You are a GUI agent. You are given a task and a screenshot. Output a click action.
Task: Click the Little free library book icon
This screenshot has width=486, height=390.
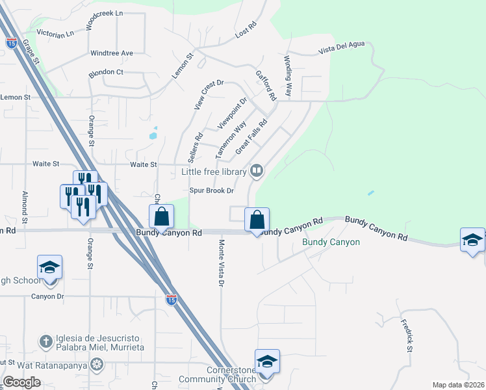[257, 171]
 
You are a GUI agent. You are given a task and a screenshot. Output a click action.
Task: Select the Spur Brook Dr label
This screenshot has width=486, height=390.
[211, 191]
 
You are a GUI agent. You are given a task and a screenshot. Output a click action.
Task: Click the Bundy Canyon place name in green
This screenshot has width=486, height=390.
[331, 242]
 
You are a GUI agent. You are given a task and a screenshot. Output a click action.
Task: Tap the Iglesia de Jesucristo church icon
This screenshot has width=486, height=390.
[46, 341]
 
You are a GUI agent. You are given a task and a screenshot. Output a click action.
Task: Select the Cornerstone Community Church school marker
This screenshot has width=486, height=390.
[266, 361]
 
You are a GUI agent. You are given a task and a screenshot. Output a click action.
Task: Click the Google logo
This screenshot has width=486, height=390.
[21, 382]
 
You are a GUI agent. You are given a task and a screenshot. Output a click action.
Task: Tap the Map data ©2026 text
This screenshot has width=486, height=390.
[457, 385]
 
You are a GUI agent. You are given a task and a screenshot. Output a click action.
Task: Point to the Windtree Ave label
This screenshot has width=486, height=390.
[112, 53]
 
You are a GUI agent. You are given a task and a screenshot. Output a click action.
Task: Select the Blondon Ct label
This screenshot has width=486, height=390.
[107, 72]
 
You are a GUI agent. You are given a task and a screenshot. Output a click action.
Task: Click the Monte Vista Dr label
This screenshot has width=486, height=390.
[222, 263]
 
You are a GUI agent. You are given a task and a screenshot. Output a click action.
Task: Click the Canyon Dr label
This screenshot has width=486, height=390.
[49, 296]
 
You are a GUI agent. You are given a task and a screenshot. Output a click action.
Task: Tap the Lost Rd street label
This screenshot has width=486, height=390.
[246, 31]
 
